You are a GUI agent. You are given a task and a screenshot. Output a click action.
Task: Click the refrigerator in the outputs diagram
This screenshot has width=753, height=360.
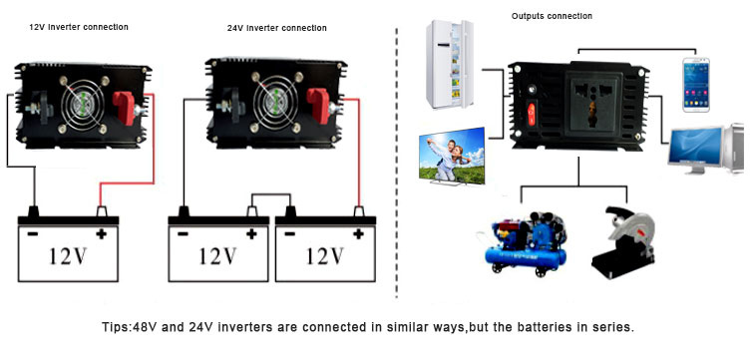point(450,64)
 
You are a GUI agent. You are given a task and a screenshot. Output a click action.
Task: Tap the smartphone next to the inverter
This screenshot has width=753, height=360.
point(696,85)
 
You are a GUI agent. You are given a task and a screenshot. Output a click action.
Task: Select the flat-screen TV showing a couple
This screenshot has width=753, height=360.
point(452,156)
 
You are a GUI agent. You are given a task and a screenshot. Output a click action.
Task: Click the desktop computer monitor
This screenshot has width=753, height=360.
point(695,148)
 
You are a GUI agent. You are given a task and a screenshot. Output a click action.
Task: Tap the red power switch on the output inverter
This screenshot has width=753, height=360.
point(532,115)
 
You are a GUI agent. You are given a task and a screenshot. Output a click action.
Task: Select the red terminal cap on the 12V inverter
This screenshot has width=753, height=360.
point(125,108)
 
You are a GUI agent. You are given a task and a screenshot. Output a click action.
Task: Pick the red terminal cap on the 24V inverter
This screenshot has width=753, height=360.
point(318,105)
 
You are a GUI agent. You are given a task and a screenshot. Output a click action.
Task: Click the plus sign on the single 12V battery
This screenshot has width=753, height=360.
point(101,233)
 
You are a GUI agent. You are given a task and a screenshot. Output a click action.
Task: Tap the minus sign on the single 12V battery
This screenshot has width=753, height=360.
point(32,233)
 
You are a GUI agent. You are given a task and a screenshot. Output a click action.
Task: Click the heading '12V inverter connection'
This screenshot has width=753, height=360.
point(79,27)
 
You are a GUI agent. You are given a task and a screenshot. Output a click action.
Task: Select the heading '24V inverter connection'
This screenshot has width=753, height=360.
point(276,28)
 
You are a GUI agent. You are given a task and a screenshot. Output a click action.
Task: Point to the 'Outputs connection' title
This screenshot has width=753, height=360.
point(552,16)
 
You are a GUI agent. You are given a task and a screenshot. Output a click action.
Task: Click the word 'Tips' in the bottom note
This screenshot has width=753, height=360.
point(114,327)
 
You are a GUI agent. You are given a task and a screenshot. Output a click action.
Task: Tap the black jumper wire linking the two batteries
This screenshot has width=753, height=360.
point(271,194)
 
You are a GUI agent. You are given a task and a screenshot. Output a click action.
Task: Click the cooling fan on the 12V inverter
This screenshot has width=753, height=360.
point(83,107)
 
